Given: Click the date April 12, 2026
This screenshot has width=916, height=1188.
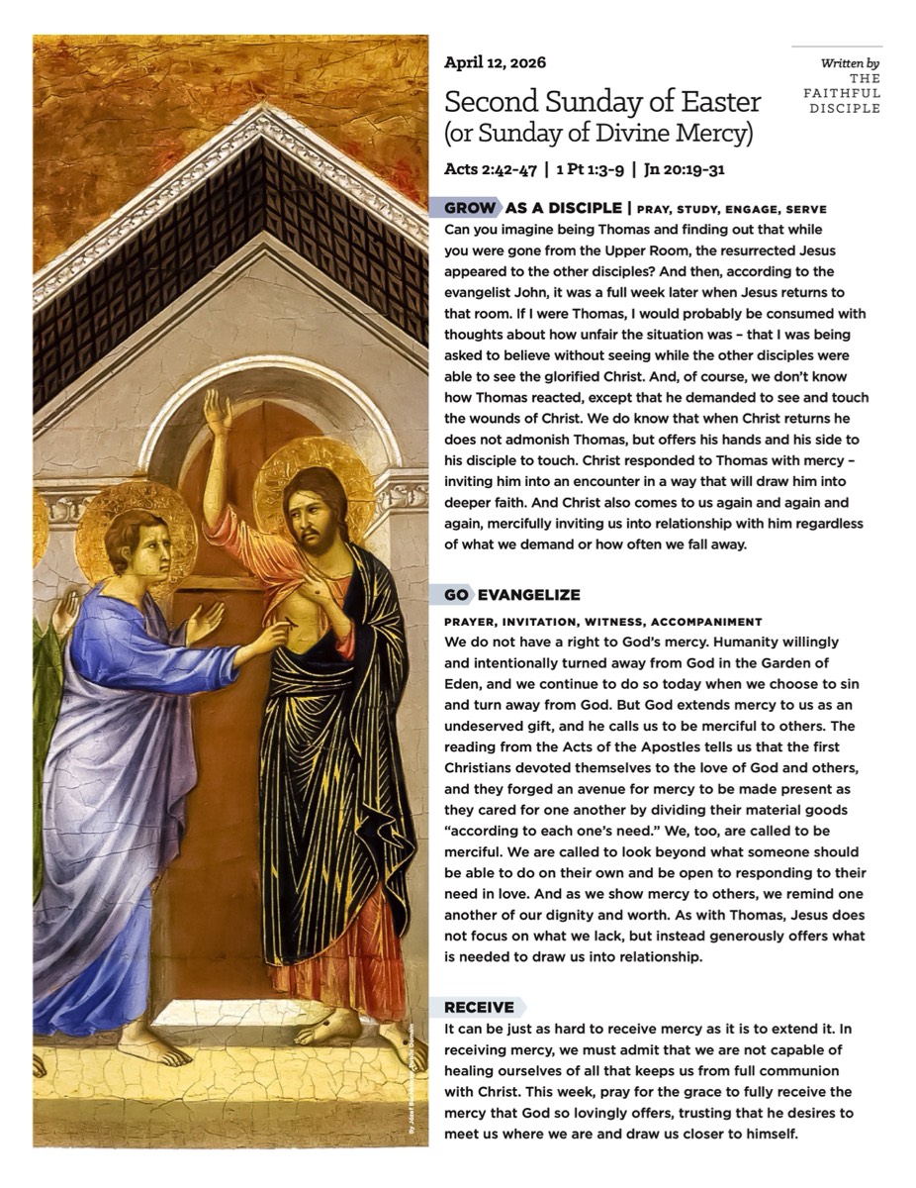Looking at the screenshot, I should (x=495, y=62).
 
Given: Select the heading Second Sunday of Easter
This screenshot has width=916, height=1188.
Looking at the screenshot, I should (x=602, y=101).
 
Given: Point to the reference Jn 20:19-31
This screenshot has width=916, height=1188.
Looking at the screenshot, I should (x=684, y=169).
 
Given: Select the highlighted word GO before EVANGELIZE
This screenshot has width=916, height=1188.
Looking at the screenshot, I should (x=455, y=595).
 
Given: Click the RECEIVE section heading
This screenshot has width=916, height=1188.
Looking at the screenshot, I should (x=479, y=1008).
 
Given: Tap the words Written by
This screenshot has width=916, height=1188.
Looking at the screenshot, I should (x=850, y=63).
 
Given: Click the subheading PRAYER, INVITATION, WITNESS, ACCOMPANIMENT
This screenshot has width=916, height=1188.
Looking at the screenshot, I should (x=602, y=622).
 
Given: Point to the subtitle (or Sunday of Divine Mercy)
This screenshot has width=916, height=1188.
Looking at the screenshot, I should (x=598, y=132).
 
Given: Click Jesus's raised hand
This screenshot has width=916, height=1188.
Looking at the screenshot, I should (x=217, y=411).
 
